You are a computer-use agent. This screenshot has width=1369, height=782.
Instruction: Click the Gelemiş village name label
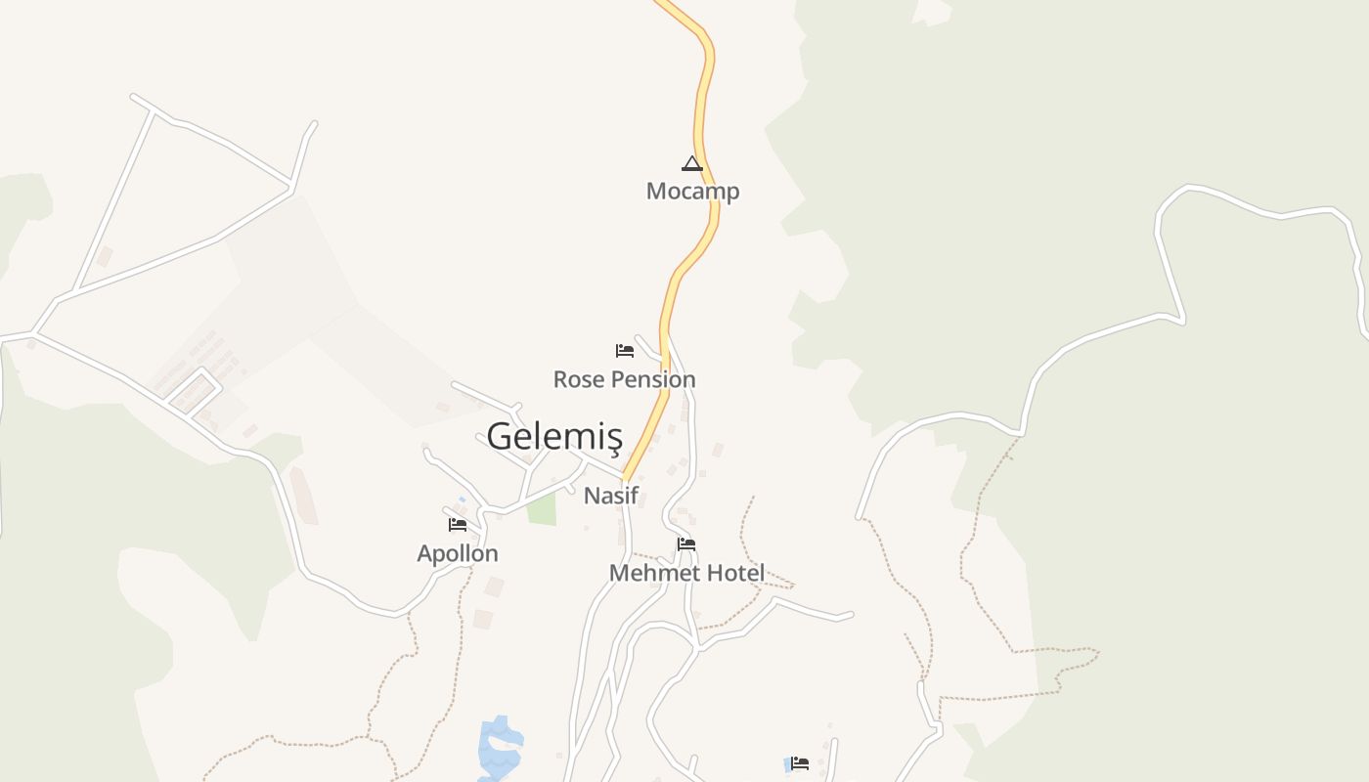tap(553, 436)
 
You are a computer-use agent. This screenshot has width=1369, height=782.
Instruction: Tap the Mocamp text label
tap(692, 191)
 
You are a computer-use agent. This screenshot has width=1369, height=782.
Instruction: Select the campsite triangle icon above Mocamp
tap(692, 163)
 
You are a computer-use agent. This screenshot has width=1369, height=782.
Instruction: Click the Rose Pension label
tap(624, 379)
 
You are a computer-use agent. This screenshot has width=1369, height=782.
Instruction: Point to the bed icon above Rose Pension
tap(624, 350)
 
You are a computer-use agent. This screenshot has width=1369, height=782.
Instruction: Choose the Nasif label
tap(610, 496)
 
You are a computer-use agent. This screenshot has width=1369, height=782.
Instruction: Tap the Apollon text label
tap(458, 553)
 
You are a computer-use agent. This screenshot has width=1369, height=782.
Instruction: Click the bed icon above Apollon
tap(458, 525)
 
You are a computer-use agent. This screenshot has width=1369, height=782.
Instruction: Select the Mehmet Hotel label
tap(686, 573)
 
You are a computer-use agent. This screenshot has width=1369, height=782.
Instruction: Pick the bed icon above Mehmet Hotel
tap(686, 544)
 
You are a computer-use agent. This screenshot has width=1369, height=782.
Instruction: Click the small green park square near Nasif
tap(542, 509)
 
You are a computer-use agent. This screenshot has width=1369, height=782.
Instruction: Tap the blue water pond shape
tap(500, 748)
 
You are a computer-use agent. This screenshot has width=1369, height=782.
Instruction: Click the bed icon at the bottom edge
tap(800, 763)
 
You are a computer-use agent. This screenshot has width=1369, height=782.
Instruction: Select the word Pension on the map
tap(652, 379)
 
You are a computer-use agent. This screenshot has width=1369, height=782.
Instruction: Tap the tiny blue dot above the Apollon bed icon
tap(463, 500)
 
